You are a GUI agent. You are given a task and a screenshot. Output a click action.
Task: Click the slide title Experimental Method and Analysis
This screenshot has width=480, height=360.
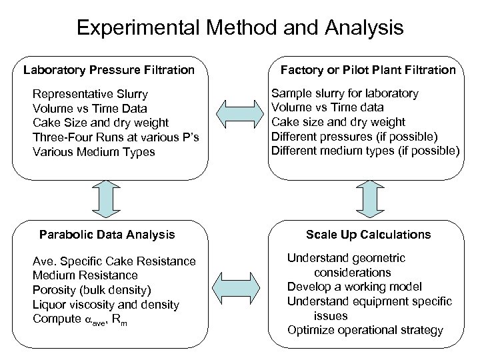pyautogui.click(x=240, y=28)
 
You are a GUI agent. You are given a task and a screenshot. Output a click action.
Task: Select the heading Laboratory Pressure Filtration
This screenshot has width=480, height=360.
pyautogui.click(x=109, y=69)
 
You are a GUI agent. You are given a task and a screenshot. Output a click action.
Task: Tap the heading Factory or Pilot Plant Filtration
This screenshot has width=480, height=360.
pyautogui.click(x=368, y=69)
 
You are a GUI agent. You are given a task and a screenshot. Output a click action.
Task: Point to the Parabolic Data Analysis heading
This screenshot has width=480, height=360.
pyautogui.click(x=107, y=234)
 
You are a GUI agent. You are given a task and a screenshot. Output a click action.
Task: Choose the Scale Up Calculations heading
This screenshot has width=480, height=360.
pyautogui.click(x=368, y=234)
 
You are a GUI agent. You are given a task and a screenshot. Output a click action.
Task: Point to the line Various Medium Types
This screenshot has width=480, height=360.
pyautogui.click(x=93, y=151)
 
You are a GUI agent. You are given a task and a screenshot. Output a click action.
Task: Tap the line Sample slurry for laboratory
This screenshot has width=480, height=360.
pyautogui.click(x=345, y=93)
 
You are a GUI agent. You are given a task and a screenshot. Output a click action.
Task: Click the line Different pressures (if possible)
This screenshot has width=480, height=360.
pyautogui.click(x=354, y=137)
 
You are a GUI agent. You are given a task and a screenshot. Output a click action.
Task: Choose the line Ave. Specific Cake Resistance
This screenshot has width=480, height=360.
pyautogui.click(x=114, y=261)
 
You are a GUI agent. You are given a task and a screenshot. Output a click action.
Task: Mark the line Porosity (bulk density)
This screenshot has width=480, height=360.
pyautogui.click(x=92, y=290)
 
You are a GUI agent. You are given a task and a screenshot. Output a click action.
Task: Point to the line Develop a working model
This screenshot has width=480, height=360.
pyautogui.click(x=355, y=287)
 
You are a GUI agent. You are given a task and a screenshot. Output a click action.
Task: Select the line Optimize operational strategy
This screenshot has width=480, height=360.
pyautogui.click(x=365, y=330)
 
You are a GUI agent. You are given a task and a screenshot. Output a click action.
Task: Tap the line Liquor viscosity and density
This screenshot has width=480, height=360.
pyautogui.click(x=106, y=305)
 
